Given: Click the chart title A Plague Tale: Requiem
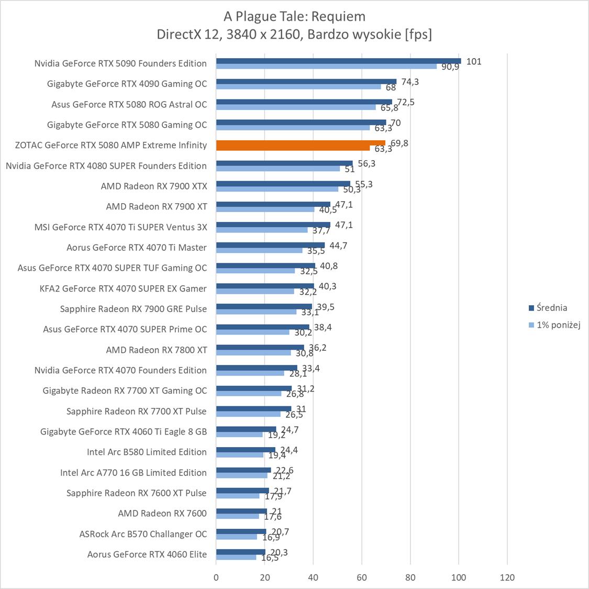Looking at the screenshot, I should pyautogui.click(x=294, y=16).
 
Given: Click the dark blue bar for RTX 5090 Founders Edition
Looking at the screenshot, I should pyautogui.click(x=338, y=61).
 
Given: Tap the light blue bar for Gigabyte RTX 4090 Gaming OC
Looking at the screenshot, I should pyautogui.click(x=298, y=86).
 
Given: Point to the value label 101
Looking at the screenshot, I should pyautogui.click(x=474, y=61).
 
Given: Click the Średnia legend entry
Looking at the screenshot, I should pyautogui.click(x=551, y=308).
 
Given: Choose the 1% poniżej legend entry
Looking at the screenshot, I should pyautogui.click(x=558, y=325).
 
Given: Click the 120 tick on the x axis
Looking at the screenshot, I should pyautogui.click(x=507, y=577).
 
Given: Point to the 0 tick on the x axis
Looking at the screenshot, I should pyautogui.click(x=216, y=577).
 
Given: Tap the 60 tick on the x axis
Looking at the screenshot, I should pyautogui.click(x=362, y=577).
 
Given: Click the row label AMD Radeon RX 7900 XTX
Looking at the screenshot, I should pyautogui.click(x=154, y=186).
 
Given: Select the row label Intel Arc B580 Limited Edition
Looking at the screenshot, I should pyautogui.click(x=147, y=452).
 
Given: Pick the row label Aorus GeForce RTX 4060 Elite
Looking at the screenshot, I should pyautogui.click(x=147, y=554).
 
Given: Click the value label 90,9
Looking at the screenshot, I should pyautogui.click(x=450, y=67).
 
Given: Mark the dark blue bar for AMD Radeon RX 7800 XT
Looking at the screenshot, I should pyautogui.click(x=260, y=347).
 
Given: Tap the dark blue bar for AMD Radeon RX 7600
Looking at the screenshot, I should pyautogui.click(x=241, y=511).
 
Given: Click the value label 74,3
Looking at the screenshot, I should pyautogui.click(x=410, y=82).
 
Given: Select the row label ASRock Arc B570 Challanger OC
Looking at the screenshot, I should pyautogui.click(x=143, y=534).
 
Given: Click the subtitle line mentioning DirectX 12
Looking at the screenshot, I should pyautogui.click(x=294, y=35).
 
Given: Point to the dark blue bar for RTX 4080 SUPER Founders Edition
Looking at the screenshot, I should pyautogui.click(x=284, y=163).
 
